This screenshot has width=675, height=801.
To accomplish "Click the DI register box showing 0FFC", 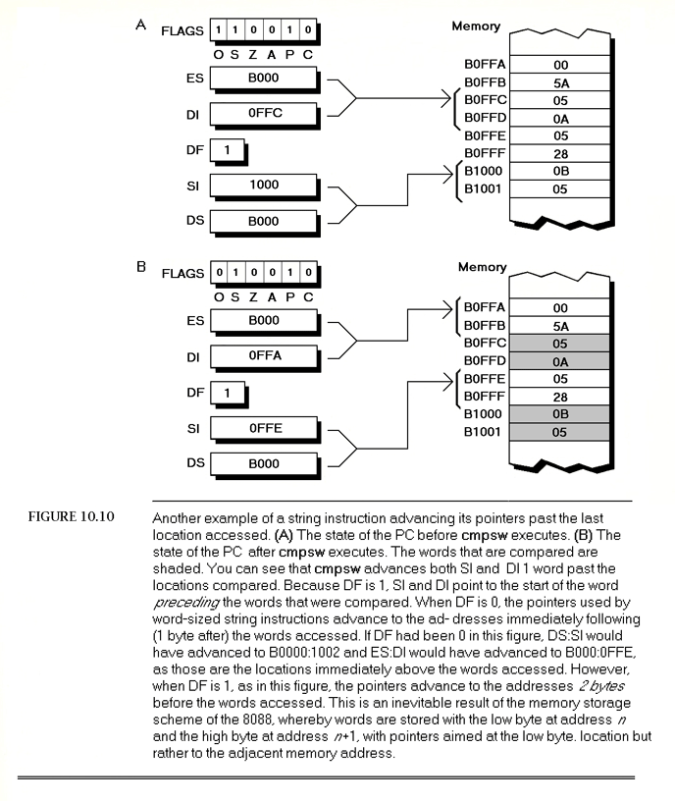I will (x=265, y=115).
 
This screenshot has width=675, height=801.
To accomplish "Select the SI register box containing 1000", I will (x=265, y=185).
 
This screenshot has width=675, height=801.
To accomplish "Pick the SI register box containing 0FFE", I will (x=265, y=427).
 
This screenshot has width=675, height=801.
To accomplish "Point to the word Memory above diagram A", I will (x=476, y=27).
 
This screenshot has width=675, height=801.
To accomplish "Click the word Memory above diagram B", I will (x=483, y=267).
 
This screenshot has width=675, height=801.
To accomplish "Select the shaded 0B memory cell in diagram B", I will (x=561, y=414).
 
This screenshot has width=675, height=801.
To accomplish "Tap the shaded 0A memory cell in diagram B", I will (x=561, y=361).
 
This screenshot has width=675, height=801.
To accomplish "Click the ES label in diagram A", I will (x=194, y=79).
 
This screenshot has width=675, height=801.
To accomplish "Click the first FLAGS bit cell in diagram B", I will (x=221, y=272).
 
